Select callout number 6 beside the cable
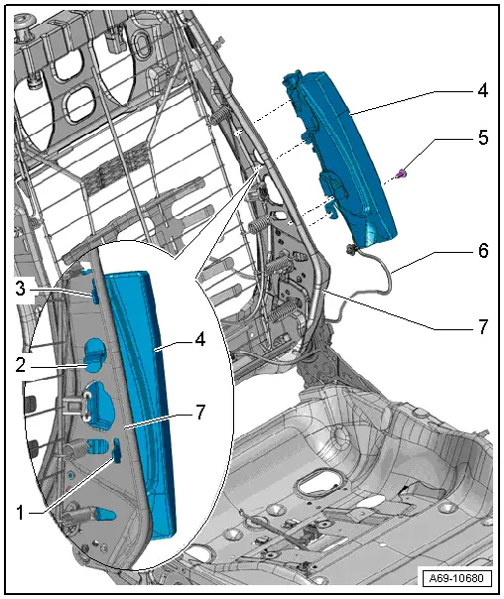[483, 251]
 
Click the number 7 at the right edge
[483, 326]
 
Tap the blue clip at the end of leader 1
[114, 453]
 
